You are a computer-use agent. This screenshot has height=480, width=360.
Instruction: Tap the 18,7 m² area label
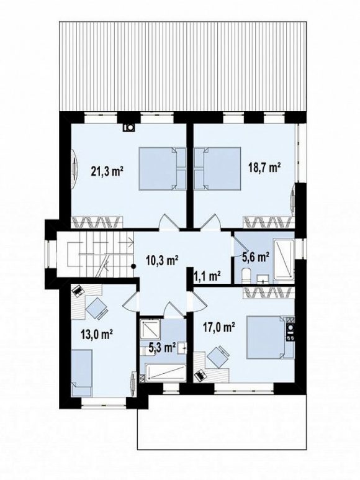[x=265, y=168]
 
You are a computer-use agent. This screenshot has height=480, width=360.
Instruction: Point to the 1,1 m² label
[x=207, y=276]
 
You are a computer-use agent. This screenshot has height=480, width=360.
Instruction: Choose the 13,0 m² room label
[x=97, y=334]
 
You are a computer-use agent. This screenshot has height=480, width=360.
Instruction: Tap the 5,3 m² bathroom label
[x=162, y=348]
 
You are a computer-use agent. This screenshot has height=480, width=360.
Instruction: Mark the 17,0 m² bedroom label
[x=219, y=328]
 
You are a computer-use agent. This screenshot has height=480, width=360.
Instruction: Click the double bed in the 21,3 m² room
[x=163, y=169]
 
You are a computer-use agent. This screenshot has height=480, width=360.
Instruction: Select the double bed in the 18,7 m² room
[x=217, y=169]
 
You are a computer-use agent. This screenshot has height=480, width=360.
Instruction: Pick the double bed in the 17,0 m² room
[x=271, y=337]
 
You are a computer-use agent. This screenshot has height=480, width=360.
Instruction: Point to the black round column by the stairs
[x=133, y=266]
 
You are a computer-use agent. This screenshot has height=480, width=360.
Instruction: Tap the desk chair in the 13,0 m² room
[x=97, y=307]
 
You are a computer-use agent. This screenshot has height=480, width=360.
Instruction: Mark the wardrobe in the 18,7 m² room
[x=269, y=222]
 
